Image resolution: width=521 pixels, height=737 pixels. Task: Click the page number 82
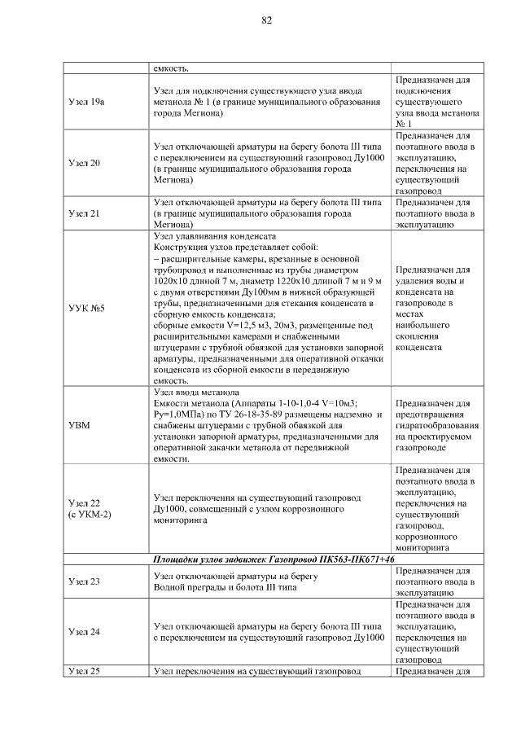[266, 20]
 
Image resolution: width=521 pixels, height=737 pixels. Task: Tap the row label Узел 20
[85, 163]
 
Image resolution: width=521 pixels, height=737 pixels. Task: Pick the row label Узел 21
[85, 214]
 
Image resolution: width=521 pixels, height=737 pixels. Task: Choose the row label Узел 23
[85, 581]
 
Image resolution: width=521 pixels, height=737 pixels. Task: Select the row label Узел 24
[85, 631]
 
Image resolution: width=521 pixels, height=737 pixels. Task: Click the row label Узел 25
[85, 671]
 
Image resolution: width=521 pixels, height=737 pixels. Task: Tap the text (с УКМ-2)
[90, 515]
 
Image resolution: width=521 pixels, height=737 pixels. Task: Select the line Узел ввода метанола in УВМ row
[201, 391]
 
